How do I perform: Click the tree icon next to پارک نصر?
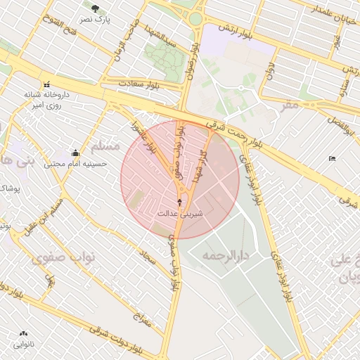tap(95, 7)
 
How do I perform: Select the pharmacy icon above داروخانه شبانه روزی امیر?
tap(47, 82)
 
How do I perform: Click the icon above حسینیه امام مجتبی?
tap(75, 153)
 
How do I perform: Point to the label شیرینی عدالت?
tap(180, 212)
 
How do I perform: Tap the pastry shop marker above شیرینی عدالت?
tap(180, 201)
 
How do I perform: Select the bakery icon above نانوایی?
tap(25, 334)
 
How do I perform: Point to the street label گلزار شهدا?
tap(200, 167)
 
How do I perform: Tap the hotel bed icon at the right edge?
tap(332, 159)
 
